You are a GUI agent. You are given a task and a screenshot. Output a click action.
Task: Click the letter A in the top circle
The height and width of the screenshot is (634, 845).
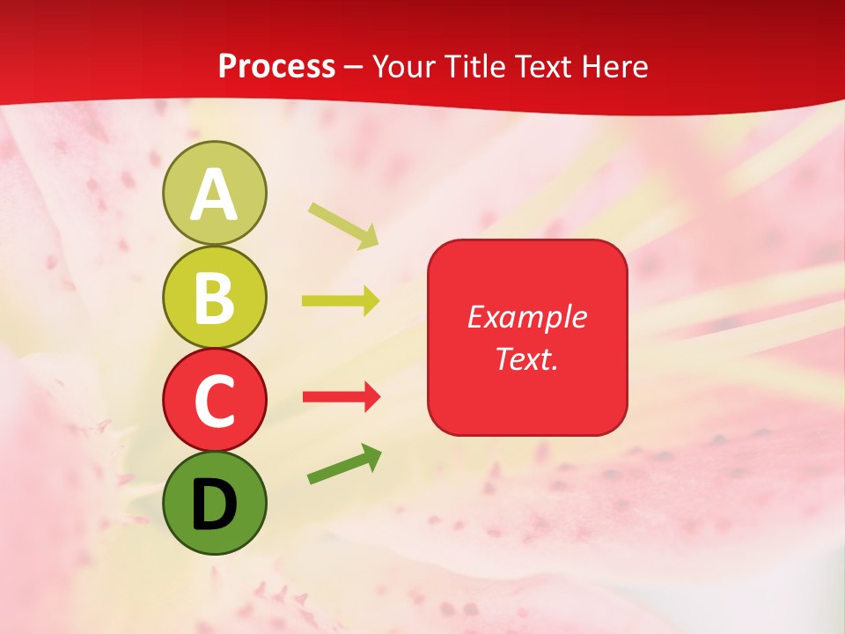point(214,195)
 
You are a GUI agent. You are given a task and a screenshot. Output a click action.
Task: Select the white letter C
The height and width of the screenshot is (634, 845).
point(214,401)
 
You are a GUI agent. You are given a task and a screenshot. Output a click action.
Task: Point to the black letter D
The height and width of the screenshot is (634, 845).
point(214,505)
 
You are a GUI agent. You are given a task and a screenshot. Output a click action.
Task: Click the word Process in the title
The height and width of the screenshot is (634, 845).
point(276,66)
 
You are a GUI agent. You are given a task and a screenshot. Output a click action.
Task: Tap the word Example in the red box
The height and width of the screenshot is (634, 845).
point(526,317)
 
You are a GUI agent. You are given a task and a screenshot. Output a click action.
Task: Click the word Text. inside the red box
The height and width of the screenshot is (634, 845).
point(526,358)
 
